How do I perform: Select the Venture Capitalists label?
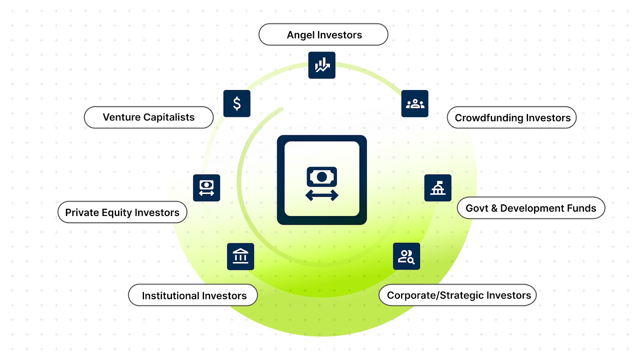[x=148, y=117]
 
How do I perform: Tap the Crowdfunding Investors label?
[x=512, y=118]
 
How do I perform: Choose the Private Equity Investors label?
[x=122, y=212]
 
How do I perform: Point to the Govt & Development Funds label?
[x=531, y=208]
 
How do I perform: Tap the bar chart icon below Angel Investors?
[x=322, y=65]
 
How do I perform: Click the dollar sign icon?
[x=237, y=104]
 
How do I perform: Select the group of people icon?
[x=415, y=104]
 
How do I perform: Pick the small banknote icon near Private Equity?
[x=206, y=188]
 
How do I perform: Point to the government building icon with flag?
[x=438, y=188]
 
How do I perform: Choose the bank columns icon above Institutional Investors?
[x=240, y=256]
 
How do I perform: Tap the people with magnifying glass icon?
[x=406, y=256]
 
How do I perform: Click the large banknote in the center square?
[x=322, y=176]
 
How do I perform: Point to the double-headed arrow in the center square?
[x=322, y=196]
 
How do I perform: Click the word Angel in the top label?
[x=300, y=35]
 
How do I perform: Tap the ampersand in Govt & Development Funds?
[x=494, y=208]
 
